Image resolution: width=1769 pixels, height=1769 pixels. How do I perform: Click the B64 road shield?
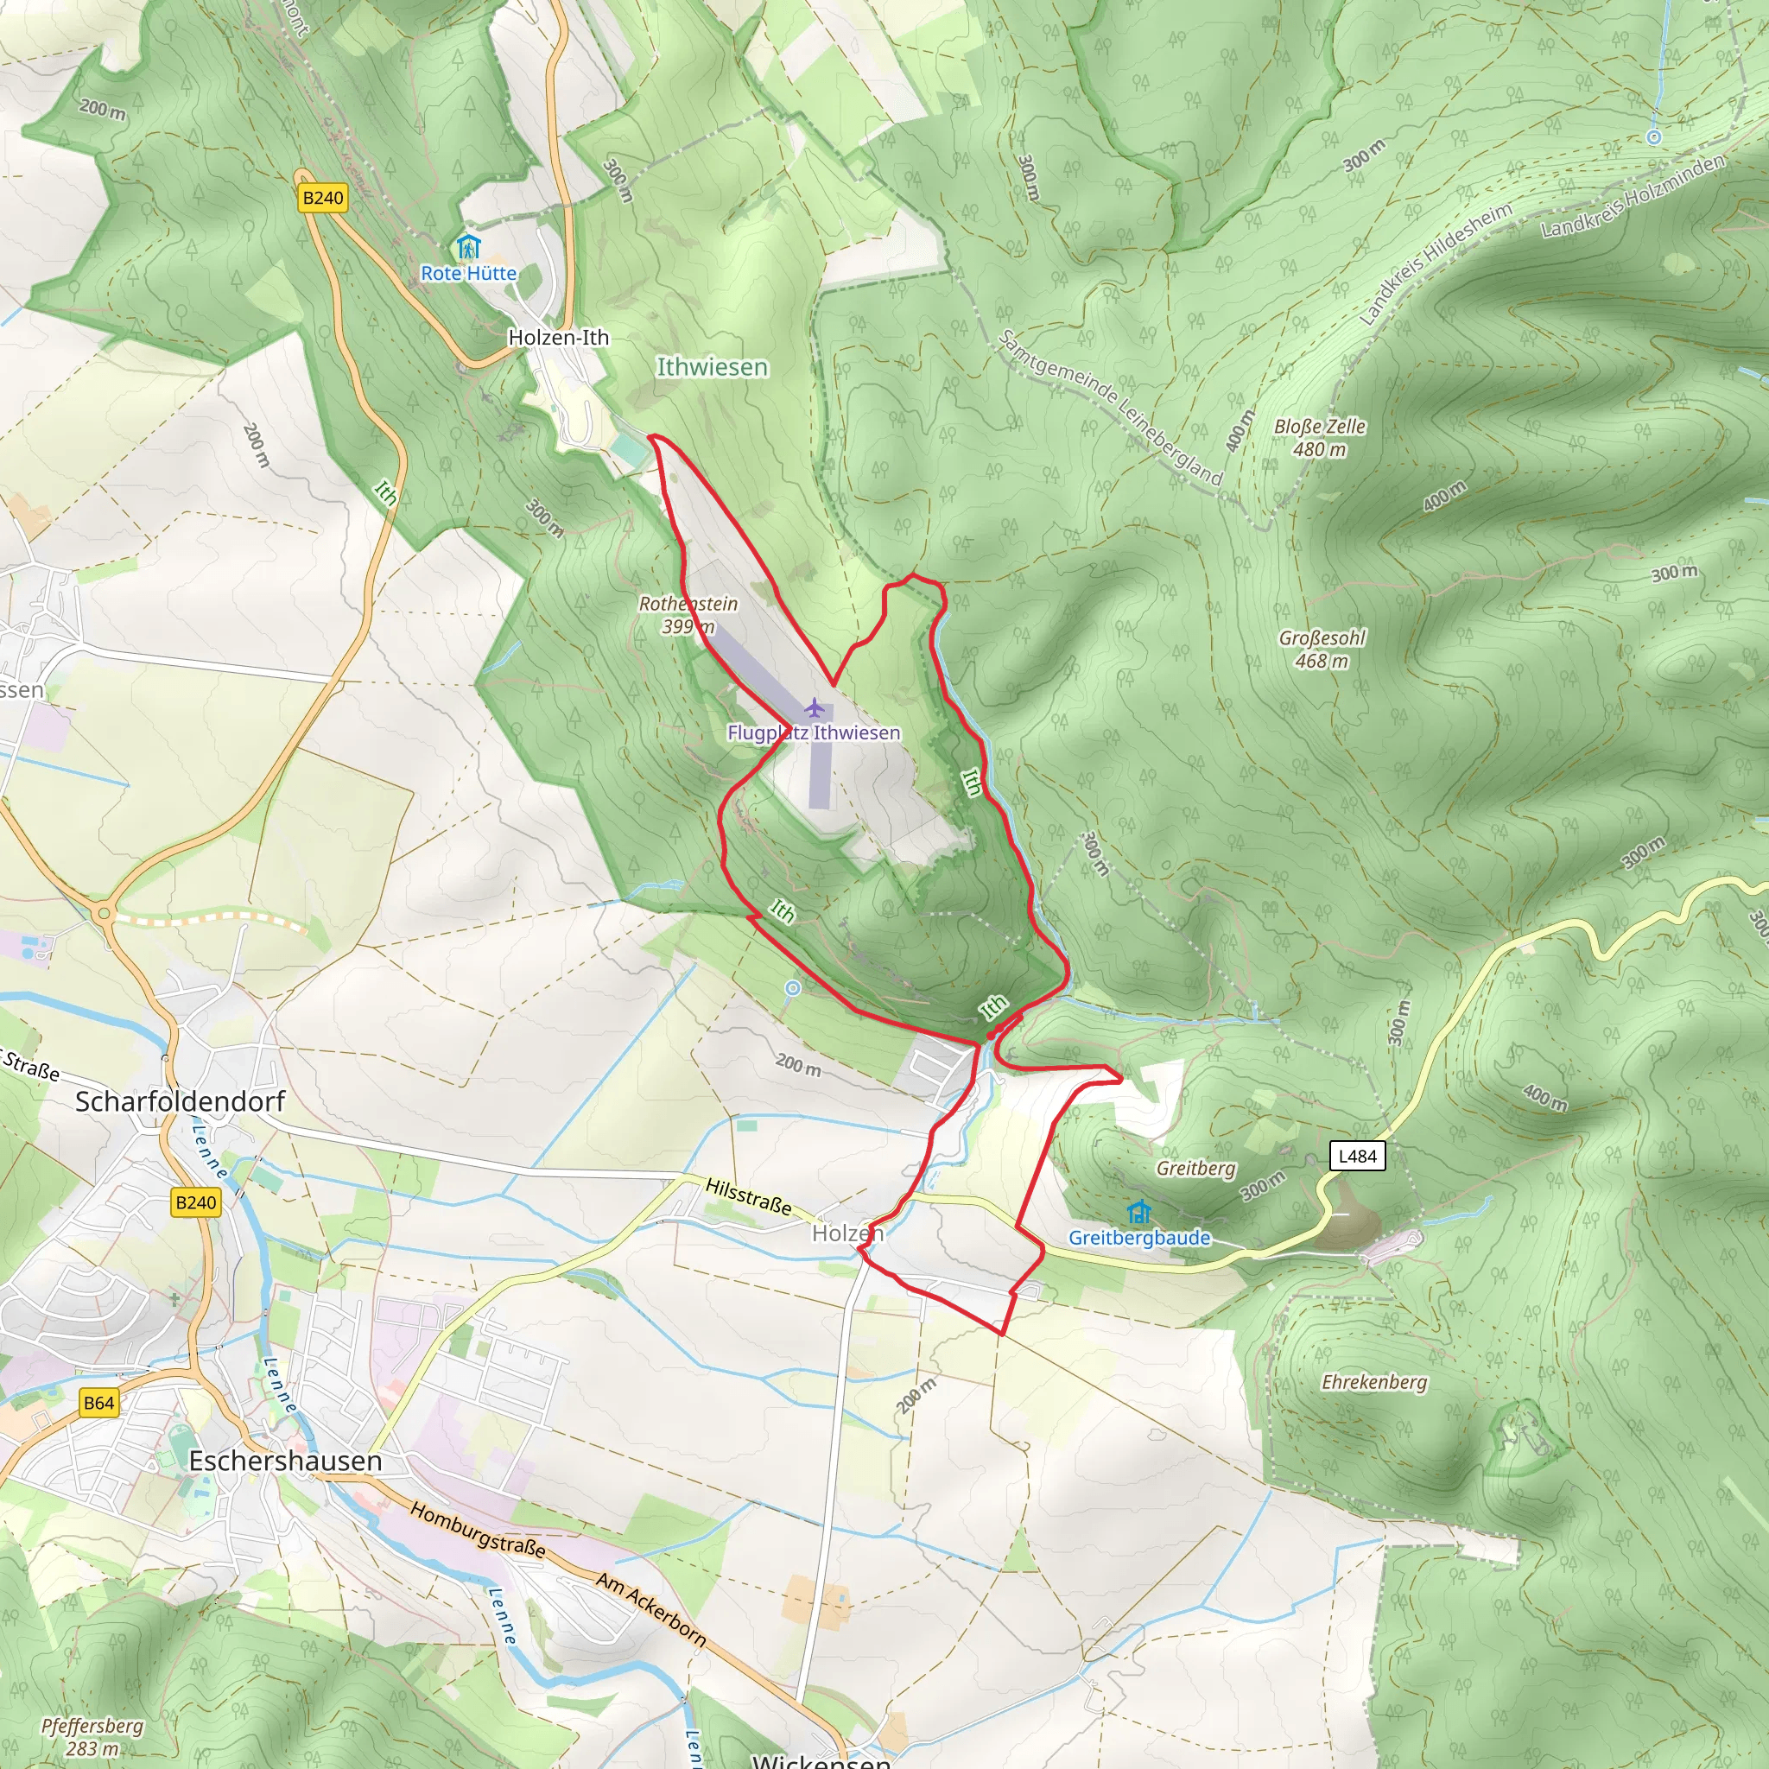[98, 1403]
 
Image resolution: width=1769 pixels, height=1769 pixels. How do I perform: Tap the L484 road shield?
[1357, 1156]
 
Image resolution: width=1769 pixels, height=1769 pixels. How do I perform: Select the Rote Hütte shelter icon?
[468, 247]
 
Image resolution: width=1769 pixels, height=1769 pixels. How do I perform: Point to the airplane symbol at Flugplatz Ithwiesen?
[814, 708]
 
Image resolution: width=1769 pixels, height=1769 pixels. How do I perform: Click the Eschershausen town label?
[285, 1461]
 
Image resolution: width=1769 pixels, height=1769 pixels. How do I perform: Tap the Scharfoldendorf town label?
[181, 1100]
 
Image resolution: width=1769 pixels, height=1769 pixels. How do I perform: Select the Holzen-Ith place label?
[559, 337]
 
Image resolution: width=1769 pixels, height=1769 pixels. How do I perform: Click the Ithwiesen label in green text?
[713, 367]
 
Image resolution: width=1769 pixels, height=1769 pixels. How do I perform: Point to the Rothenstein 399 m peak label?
[688, 614]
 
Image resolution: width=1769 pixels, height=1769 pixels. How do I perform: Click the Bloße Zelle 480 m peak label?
[1320, 438]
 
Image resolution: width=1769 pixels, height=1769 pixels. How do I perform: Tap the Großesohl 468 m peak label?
[1322, 649]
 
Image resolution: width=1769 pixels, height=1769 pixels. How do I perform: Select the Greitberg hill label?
[1195, 1169]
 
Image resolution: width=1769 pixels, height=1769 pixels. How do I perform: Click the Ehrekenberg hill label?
[1373, 1382]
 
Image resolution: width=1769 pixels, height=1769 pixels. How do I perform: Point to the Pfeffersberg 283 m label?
[92, 1736]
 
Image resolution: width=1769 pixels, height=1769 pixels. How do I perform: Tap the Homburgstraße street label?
[477, 1530]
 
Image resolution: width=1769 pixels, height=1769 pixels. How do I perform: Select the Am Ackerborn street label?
[651, 1608]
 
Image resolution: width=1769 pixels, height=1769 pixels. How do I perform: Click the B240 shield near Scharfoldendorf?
[195, 1203]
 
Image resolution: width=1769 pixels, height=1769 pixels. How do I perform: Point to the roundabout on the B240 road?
[105, 913]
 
